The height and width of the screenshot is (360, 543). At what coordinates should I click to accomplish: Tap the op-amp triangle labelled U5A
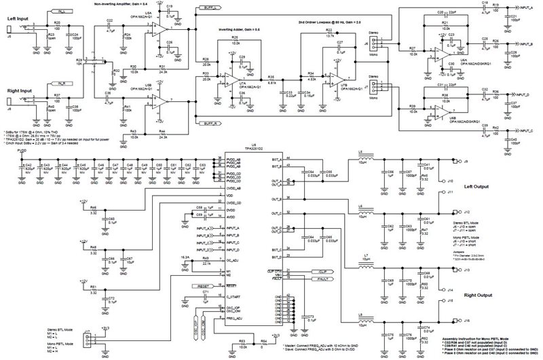click(x=157, y=29)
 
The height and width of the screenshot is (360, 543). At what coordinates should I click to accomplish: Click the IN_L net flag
click(x=63, y=13)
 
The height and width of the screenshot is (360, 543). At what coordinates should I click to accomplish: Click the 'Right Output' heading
click(x=478, y=296)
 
